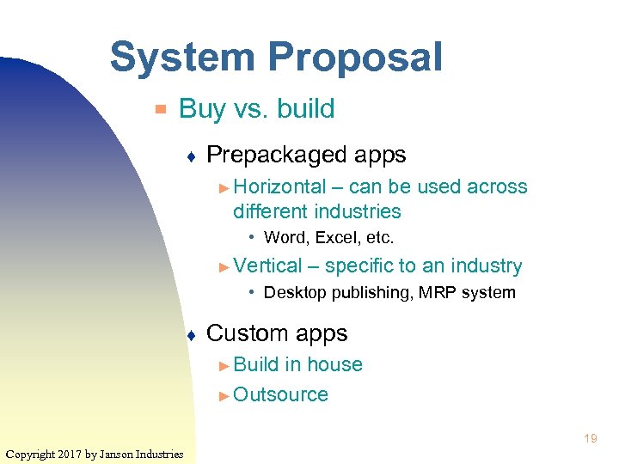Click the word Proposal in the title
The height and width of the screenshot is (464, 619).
[x=355, y=58]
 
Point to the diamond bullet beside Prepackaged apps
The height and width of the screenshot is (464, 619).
[x=191, y=156]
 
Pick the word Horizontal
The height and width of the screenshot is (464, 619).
[x=279, y=187]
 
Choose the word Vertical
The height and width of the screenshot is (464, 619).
[x=267, y=266]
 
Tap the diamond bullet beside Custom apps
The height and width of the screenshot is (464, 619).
[x=191, y=334]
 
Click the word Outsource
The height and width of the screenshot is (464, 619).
[x=280, y=395]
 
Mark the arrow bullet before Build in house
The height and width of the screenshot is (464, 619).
[x=224, y=366]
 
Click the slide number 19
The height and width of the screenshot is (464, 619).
[x=590, y=439]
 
